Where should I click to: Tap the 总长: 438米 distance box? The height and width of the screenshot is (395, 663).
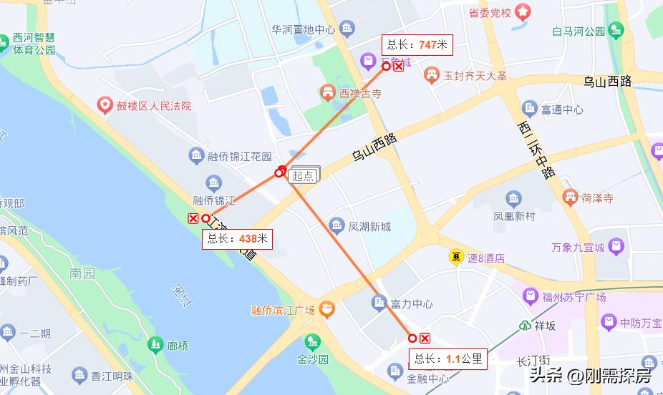point(237,239)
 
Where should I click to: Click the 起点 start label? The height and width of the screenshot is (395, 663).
point(303,176)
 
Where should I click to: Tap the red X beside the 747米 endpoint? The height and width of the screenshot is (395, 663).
point(399,67)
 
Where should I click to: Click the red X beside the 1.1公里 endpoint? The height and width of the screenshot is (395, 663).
point(425,338)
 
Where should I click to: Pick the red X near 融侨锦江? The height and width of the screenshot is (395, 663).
point(193,218)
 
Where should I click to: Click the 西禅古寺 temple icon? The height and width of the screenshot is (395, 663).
point(327,93)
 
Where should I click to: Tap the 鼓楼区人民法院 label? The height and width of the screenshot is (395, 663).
point(154,106)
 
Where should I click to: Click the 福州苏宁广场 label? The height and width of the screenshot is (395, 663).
point(574,297)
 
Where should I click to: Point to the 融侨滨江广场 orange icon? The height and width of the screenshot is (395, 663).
point(327,310)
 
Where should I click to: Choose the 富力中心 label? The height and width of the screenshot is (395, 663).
point(411,303)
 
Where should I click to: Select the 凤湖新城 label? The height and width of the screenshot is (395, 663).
point(369,227)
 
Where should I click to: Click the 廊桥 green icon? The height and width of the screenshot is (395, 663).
point(154,346)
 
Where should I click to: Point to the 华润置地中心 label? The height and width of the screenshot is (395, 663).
point(303,30)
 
